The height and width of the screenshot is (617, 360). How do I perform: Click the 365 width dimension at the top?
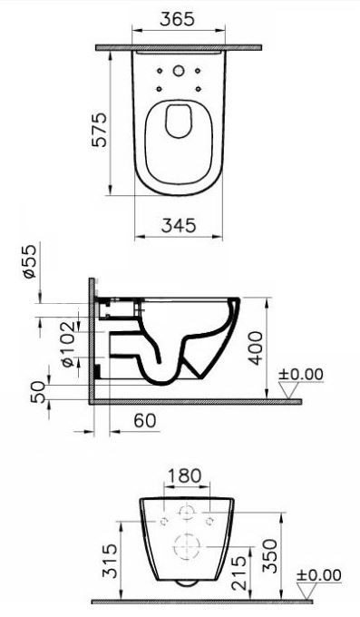click(177, 19)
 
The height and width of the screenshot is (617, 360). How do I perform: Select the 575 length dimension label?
click(100, 130)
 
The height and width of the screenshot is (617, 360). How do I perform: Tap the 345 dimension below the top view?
click(179, 225)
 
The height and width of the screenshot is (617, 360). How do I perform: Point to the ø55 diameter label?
click(30, 261)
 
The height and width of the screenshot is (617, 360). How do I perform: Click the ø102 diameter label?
click(68, 344)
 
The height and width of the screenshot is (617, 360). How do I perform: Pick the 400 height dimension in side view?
click(256, 348)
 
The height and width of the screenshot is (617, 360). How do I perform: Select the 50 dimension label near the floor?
click(38, 392)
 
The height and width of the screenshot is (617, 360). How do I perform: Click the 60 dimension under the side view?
click(145, 421)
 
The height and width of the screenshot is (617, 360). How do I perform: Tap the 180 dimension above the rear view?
click(184, 475)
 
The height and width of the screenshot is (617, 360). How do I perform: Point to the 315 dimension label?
click(110, 561)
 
